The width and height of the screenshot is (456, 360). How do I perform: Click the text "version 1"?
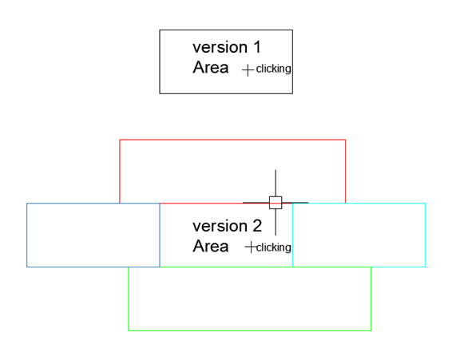click(226, 47)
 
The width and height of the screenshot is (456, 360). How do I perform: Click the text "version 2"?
click(226, 226)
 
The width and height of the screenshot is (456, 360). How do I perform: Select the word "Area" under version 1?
click(211, 68)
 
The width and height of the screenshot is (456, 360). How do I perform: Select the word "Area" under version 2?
click(211, 247)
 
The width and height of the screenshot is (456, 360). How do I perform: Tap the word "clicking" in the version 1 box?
click(273, 69)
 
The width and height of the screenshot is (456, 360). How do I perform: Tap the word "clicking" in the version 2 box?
click(273, 247)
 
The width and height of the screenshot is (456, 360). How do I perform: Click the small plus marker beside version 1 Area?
click(248, 69)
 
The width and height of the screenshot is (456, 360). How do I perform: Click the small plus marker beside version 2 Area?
click(250, 247)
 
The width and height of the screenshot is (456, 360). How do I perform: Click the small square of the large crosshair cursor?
click(276, 202)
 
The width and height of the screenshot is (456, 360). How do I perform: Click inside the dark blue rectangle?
click(93, 235)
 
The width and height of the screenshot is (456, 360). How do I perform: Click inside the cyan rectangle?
click(359, 235)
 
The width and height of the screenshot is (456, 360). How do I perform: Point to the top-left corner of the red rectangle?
click(120, 140)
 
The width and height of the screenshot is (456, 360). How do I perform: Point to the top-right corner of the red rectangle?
click(345, 140)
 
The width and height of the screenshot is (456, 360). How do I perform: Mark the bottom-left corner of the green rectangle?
click(129, 330)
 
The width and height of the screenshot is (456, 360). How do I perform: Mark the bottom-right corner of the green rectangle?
click(371, 330)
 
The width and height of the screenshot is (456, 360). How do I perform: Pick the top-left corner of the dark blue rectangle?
click(27, 204)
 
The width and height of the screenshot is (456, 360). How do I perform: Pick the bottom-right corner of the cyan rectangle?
click(425, 267)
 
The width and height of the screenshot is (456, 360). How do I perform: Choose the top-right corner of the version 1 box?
click(292, 30)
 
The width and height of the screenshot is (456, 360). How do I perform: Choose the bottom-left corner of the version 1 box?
click(160, 93)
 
